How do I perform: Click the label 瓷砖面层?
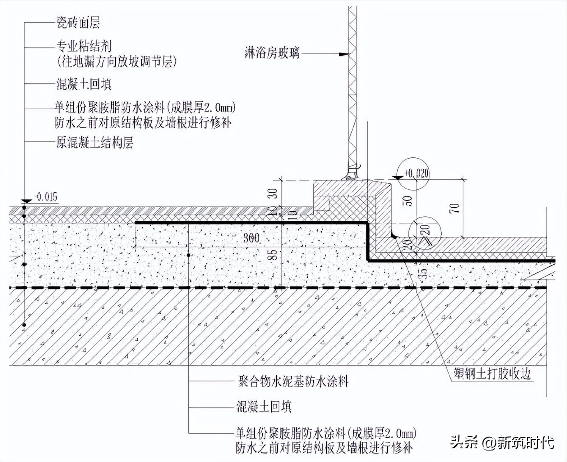pos(78,23)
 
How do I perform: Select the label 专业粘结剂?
pos(84,46)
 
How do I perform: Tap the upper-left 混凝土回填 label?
pos(84,85)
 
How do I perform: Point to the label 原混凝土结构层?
pos(94,143)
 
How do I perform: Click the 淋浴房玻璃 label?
pos(272,53)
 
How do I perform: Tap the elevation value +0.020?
pos(416,173)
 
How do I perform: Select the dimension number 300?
pos(251,238)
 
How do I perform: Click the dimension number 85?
pos(272,255)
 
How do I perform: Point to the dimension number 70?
pos(454,208)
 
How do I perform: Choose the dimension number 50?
pos(407,201)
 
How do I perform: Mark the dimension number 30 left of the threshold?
pos(272,193)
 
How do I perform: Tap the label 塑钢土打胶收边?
pos(492,373)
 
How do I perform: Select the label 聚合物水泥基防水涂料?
pos(293,381)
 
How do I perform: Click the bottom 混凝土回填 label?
pos(264,407)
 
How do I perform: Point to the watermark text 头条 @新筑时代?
pos(502,442)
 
